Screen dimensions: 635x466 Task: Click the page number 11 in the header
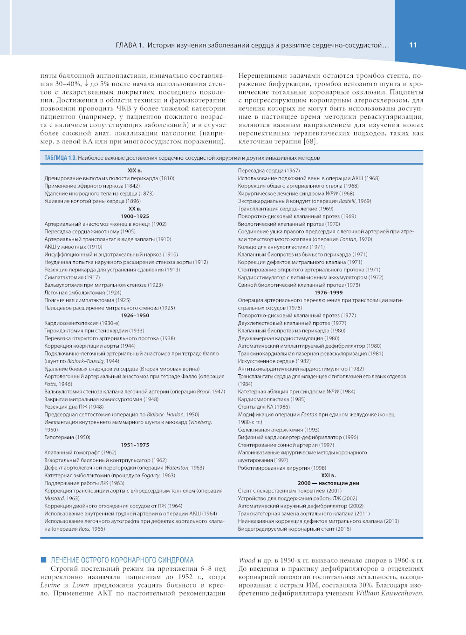click(x=413, y=45)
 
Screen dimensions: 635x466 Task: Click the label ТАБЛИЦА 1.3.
click(x=60, y=158)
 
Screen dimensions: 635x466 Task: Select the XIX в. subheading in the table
click(x=135, y=170)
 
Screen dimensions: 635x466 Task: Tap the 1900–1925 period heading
click(x=135, y=216)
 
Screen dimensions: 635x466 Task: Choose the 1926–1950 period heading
click(x=135, y=316)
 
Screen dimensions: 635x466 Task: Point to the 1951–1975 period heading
click(x=135, y=445)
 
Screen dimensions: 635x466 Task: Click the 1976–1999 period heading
click(x=329, y=293)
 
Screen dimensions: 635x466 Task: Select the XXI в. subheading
click(x=329, y=476)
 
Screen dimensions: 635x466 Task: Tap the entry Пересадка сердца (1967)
click(x=269, y=170)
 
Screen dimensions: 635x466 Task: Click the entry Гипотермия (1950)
click(x=67, y=438)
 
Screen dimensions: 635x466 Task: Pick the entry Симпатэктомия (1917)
click(x=72, y=277)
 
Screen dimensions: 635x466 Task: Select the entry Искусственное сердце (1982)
click(x=274, y=361)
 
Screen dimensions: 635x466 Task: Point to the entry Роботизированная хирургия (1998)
click(x=282, y=468)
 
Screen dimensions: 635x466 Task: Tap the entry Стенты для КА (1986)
click(x=264, y=407)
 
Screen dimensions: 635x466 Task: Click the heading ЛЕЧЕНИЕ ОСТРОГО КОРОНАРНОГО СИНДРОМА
click(x=122, y=560)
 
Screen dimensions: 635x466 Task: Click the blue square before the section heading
click(x=44, y=560)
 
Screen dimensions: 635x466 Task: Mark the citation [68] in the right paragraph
click(x=310, y=142)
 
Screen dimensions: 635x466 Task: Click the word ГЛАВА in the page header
click(x=126, y=45)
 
